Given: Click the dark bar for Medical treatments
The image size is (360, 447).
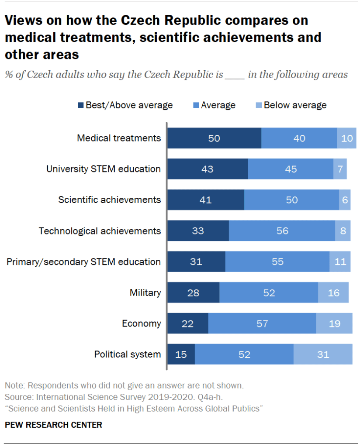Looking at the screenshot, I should coord(215,138).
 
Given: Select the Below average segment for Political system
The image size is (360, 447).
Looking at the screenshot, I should coord(323,354).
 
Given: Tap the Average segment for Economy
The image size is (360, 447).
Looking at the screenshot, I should coord(262,323).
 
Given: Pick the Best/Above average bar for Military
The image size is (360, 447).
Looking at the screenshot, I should coord(194,292).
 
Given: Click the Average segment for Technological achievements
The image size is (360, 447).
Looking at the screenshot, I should coord(282,230).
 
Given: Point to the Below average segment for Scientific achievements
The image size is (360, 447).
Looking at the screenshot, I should coord(345,200).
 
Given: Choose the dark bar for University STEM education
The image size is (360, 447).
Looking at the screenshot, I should coord(208,169).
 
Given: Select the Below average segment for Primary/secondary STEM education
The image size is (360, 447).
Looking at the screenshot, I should coord(340,261).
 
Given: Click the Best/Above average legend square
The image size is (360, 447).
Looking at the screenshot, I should coord(81,105).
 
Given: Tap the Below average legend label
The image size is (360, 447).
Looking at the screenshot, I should coord(295,105).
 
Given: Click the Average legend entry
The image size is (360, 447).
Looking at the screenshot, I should coord(218,105).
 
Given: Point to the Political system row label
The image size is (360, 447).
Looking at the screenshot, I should coord(128,354).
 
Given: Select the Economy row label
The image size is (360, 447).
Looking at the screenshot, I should coord(141,323).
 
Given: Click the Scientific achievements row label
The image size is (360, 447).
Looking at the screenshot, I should coord(110,200).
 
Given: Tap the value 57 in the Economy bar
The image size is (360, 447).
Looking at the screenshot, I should coord(262,323).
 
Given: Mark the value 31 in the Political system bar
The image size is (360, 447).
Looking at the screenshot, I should coord(323,354).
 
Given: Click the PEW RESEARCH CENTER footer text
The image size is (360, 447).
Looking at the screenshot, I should coord(53,425).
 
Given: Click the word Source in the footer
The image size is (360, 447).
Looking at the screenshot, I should coord(17,397).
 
